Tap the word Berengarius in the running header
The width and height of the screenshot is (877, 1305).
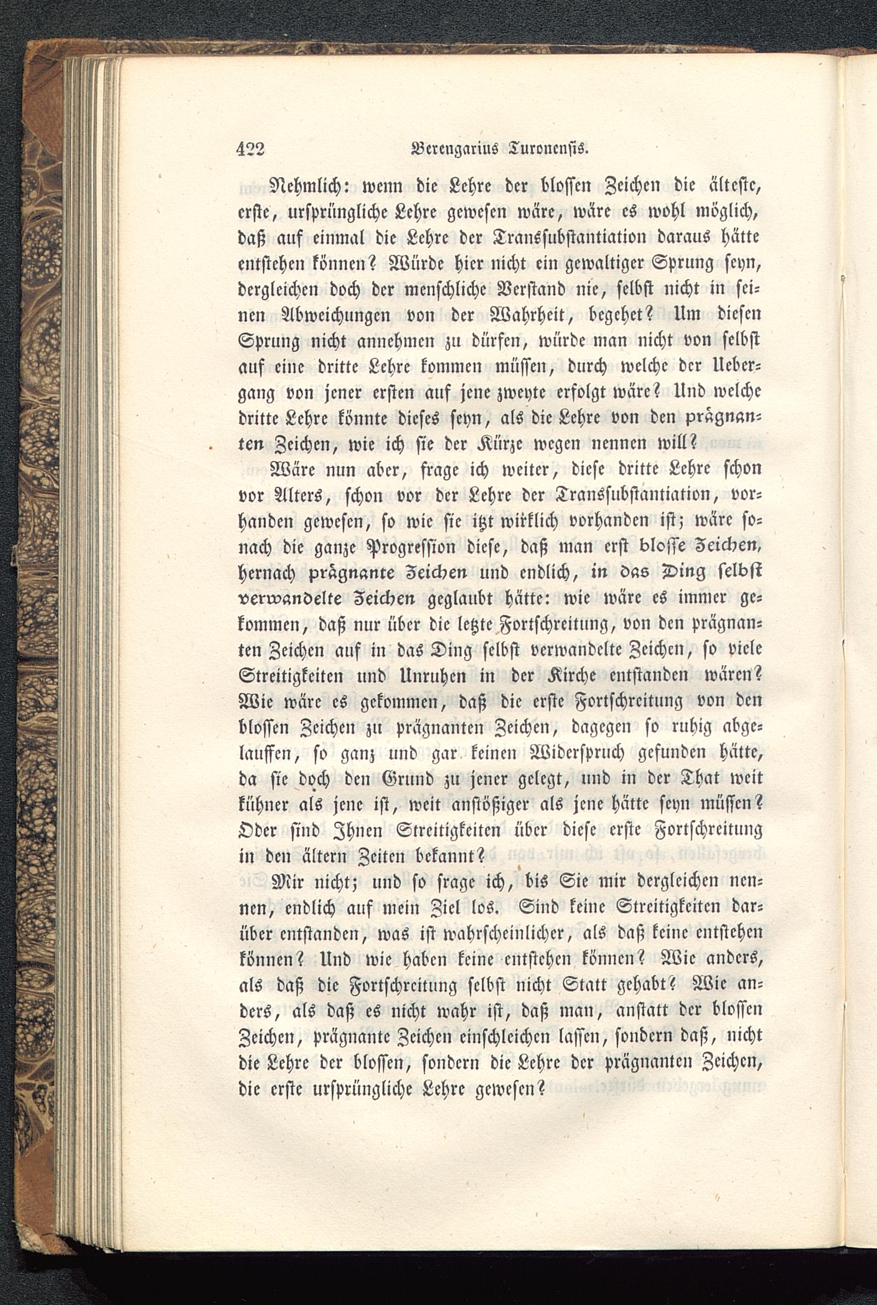[456, 149]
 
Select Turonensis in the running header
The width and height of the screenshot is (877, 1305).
[546, 149]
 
